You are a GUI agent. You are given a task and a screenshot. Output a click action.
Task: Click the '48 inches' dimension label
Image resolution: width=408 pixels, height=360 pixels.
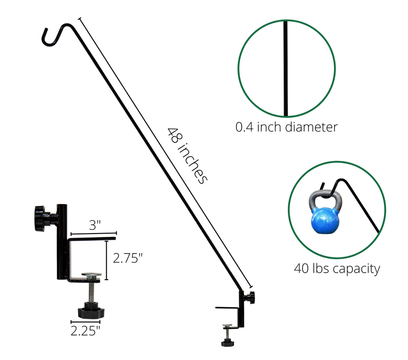coord(187,156)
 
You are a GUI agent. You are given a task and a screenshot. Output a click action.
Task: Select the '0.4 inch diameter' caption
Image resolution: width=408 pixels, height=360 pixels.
coord(286,127)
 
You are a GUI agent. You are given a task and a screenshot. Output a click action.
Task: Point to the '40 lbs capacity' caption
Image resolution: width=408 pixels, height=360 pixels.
coord(337,269)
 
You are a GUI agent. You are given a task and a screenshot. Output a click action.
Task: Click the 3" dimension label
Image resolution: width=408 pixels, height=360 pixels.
coord(95,225)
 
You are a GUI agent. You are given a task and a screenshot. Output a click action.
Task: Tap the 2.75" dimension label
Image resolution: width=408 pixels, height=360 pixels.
coord(128,258)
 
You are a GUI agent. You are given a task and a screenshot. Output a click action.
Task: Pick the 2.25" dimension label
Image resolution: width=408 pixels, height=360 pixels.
coord(85,331)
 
